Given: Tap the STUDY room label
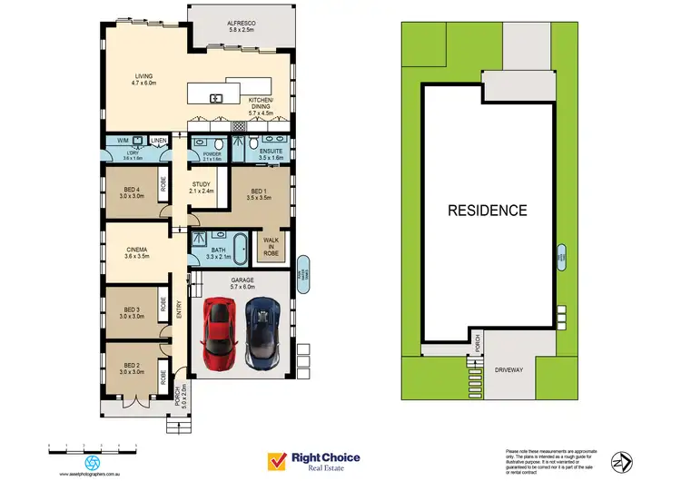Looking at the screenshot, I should [202, 188].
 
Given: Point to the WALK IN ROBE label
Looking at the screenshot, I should [271, 246].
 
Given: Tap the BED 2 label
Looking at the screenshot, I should [133, 368].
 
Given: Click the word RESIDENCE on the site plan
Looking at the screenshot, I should [488, 211].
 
